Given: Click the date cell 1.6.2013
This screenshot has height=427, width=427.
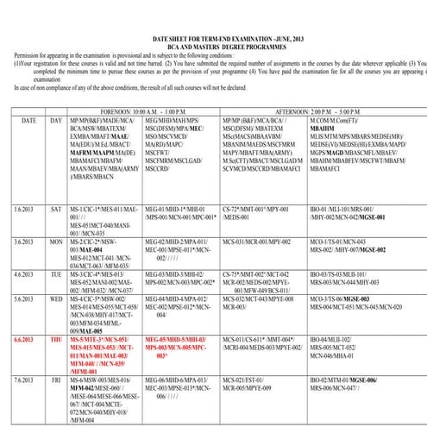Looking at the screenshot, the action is tap(25, 210).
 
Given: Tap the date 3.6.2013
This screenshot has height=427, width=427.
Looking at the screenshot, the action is tap(25, 242).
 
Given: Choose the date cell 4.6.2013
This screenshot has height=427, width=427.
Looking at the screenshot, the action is tap(25, 273).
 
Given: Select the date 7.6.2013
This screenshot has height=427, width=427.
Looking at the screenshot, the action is tap(25, 379).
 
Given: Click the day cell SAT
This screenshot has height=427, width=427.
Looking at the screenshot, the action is tap(57, 210).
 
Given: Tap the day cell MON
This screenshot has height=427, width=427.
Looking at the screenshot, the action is tap(57, 242).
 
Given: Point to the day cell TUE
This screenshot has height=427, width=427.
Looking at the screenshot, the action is tap(57, 273).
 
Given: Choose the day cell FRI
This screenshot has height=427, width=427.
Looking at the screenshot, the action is tap(57, 379).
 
